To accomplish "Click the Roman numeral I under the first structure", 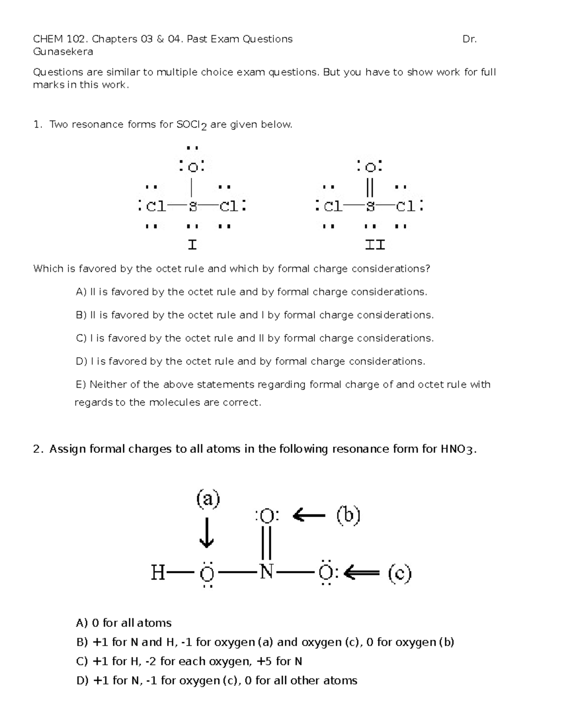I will coord(192,245).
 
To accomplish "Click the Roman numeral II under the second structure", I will coord(375,245).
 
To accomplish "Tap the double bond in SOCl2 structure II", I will coord(370,187).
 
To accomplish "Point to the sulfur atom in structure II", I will coord(370,206).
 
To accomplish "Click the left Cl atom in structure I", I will coord(156,206).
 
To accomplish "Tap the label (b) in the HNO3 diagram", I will coord(348,516).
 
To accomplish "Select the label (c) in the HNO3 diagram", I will coord(399,573).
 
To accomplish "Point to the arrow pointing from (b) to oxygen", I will coord(309,516).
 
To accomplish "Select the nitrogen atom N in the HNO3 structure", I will coord(266,572).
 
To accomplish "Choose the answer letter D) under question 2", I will coord(82,681).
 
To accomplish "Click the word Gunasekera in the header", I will coord(63,52).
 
